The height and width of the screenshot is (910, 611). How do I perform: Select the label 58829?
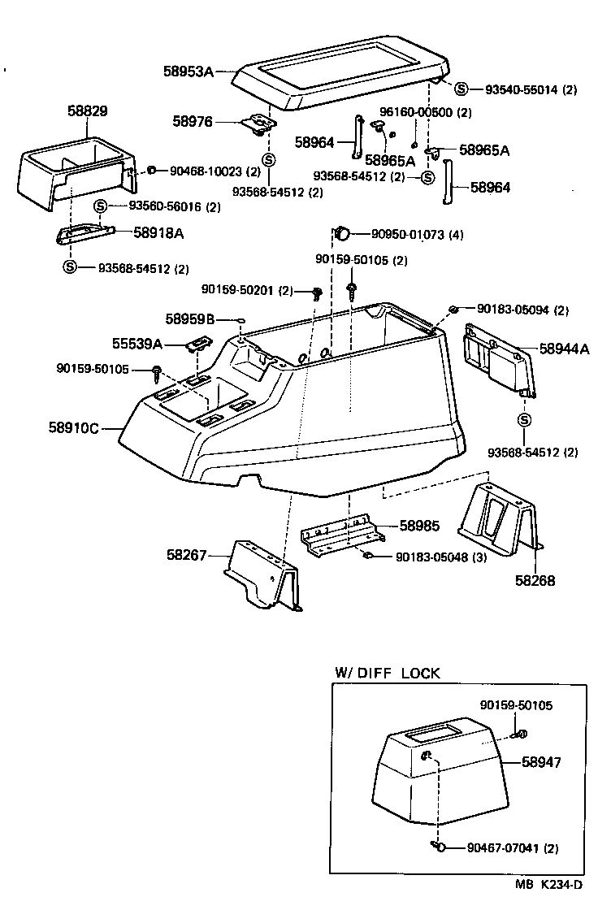[88, 110]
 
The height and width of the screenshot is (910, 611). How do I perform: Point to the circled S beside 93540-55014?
[461, 89]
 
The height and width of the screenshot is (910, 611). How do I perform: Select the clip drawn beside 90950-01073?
[343, 234]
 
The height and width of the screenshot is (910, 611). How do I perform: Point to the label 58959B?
[189, 319]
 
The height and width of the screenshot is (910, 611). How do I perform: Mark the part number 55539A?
[136, 344]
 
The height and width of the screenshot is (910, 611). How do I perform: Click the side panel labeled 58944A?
[496, 358]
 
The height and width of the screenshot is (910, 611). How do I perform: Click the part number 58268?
[535, 582]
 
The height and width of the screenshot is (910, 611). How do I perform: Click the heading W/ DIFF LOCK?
[388, 673]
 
